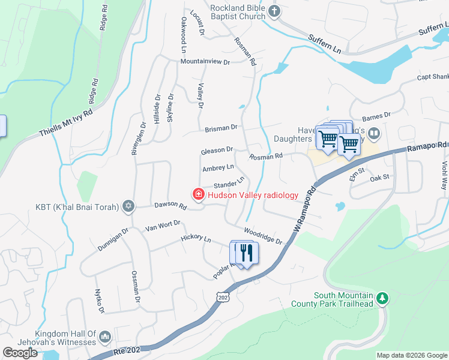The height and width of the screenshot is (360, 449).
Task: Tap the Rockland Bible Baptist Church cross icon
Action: coord(274,11)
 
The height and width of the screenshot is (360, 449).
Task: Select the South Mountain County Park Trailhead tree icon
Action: coord(381,298)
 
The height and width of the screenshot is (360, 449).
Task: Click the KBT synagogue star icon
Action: coord(127,206)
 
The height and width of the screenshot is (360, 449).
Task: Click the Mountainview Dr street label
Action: coord(205,62)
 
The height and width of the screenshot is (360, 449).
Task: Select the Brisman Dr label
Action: coord(221,128)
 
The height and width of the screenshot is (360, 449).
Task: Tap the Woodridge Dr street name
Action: coord(262,236)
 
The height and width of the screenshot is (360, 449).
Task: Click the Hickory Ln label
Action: coord(196,239)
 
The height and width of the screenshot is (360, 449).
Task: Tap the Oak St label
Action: coord(379,178)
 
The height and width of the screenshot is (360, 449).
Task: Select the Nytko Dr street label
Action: coord(99,301)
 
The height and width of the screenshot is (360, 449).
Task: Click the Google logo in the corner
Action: coord(20,353)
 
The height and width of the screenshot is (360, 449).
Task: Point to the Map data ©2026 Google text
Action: coord(411,355)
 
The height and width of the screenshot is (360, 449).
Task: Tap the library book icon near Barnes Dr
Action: coord(374,133)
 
